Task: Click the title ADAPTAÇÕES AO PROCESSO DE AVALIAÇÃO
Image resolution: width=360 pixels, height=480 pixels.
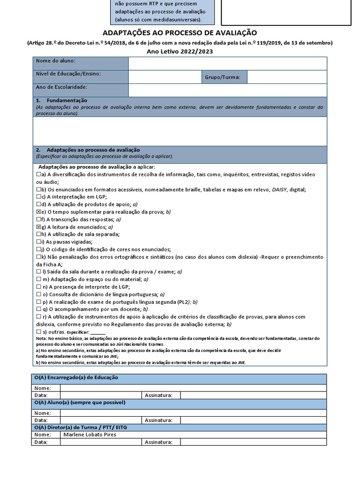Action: tap(180, 32)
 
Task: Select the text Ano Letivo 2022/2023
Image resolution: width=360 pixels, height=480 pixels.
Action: tap(180, 52)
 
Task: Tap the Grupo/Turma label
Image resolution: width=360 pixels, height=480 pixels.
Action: tap(222, 77)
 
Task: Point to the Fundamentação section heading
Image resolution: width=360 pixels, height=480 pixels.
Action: tap(67, 101)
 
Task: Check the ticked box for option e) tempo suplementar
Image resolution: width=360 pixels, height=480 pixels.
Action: tap(39, 212)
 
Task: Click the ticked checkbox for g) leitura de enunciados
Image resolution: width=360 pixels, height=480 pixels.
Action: tap(39, 227)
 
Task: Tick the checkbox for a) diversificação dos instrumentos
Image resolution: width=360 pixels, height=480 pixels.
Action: tap(39, 174)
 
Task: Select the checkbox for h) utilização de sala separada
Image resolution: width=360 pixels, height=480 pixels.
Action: tap(39, 234)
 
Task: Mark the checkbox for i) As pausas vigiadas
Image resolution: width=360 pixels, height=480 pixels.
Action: tap(39, 242)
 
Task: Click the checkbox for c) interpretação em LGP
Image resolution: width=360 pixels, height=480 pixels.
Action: tap(39, 197)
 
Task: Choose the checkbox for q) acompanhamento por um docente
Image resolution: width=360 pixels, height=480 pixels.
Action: tap(39, 309)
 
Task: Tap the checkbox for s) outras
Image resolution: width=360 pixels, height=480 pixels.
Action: tap(39, 332)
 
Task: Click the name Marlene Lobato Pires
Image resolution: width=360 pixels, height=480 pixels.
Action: tap(90, 435)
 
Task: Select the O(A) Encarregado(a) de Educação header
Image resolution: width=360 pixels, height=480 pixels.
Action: tap(76, 378)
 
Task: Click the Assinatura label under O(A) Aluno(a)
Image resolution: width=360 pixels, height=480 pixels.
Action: tap(159, 420)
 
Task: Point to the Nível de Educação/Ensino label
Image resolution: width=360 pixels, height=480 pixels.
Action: tap(68, 74)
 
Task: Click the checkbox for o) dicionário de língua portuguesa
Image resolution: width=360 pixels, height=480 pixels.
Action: tap(39, 294)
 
